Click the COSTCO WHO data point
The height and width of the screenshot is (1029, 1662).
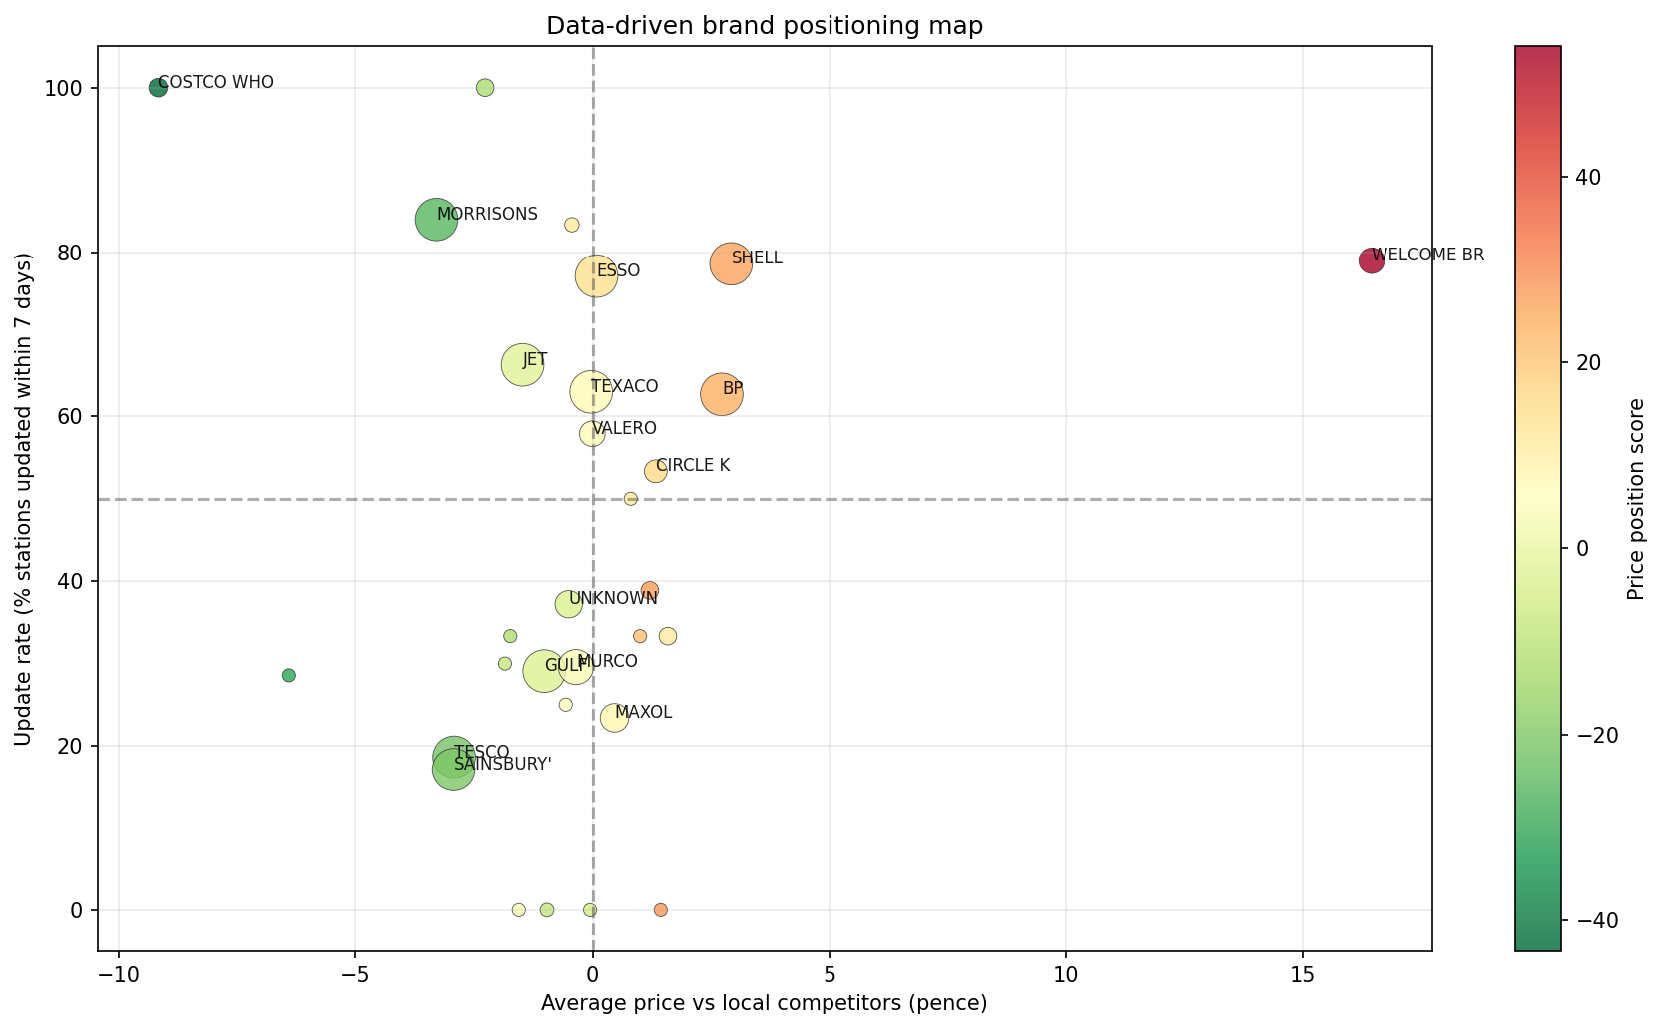[158, 88]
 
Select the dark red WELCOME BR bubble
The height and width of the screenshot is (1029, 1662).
[1372, 260]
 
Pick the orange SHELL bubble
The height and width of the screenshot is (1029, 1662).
[731, 263]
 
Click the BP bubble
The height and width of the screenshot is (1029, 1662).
[722, 394]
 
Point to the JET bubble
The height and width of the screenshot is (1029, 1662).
[522, 365]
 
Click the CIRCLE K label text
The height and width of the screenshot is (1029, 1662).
[693, 466]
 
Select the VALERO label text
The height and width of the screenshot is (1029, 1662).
[625, 429]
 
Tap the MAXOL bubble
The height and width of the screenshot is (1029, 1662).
[614, 717]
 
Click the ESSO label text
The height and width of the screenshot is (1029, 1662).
[618, 271]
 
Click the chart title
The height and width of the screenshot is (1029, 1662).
[765, 26]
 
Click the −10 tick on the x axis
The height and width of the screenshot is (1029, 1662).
[118, 972]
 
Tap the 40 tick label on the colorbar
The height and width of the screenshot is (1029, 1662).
[1588, 178]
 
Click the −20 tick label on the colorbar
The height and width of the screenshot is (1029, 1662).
[1594, 735]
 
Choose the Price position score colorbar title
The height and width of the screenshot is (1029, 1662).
[1635, 498]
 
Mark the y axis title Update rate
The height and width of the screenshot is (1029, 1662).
[24, 498]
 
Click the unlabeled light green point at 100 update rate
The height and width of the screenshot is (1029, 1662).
[485, 88]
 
